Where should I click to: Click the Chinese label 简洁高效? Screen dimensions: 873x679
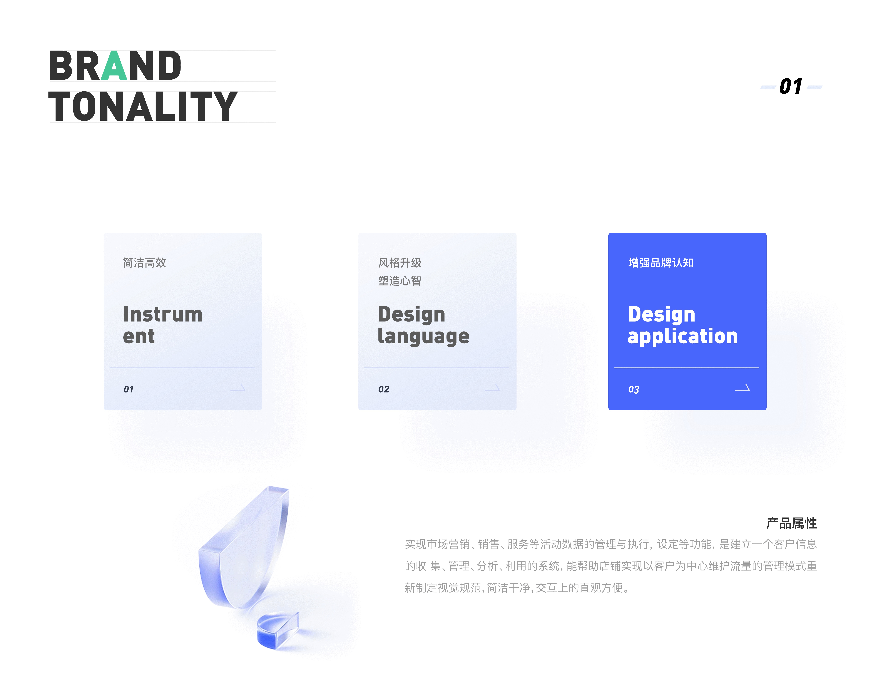pos(144,263)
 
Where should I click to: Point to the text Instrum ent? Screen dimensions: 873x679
pos(163,325)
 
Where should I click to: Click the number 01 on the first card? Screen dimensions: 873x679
pos(128,389)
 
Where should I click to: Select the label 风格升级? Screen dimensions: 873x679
pos(400,263)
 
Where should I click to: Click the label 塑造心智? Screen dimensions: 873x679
pos(400,281)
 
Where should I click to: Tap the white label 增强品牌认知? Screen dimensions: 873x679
pos(661,263)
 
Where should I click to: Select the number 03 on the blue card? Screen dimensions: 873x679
pos(634,389)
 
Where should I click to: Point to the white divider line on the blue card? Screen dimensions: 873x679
pos(687,367)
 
